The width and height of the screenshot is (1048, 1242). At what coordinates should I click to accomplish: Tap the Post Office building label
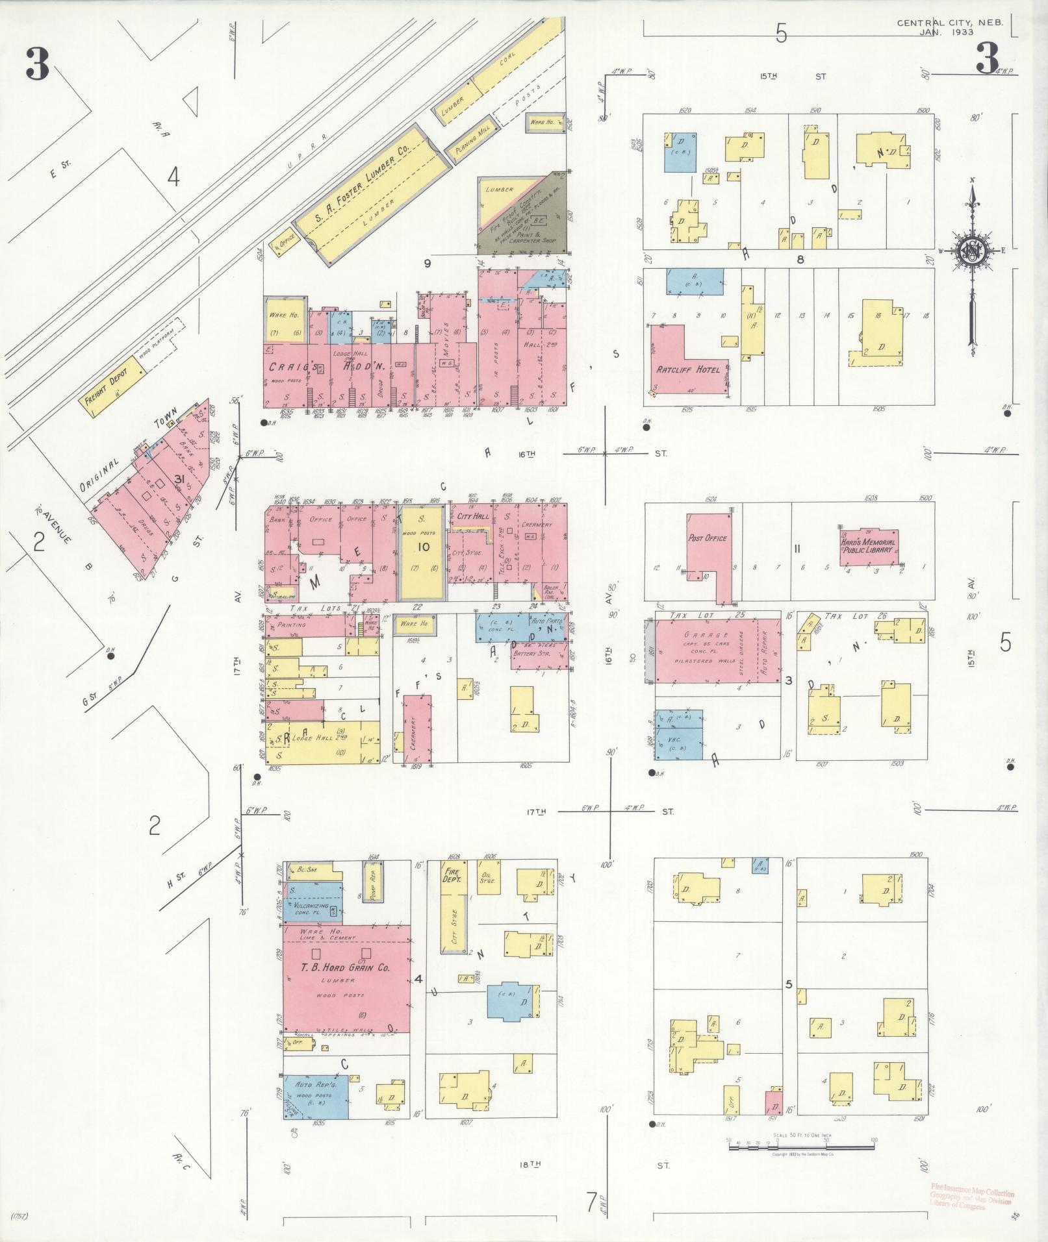click(707, 538)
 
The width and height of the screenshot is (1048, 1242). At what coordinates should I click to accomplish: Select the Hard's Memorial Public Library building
click(868, 546)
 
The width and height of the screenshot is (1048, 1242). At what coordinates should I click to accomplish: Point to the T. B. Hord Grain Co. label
click(344, 986)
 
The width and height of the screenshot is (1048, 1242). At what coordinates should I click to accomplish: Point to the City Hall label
click(472, 516)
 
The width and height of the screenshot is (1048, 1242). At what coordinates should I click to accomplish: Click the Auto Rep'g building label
click(314, 1084)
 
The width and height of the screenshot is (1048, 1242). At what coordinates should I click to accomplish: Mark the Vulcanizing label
click(312, 906)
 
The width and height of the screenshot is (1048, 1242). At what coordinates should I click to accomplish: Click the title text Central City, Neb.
click(949, 23)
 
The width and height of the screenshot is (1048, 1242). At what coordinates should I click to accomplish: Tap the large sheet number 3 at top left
click(38, 65)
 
